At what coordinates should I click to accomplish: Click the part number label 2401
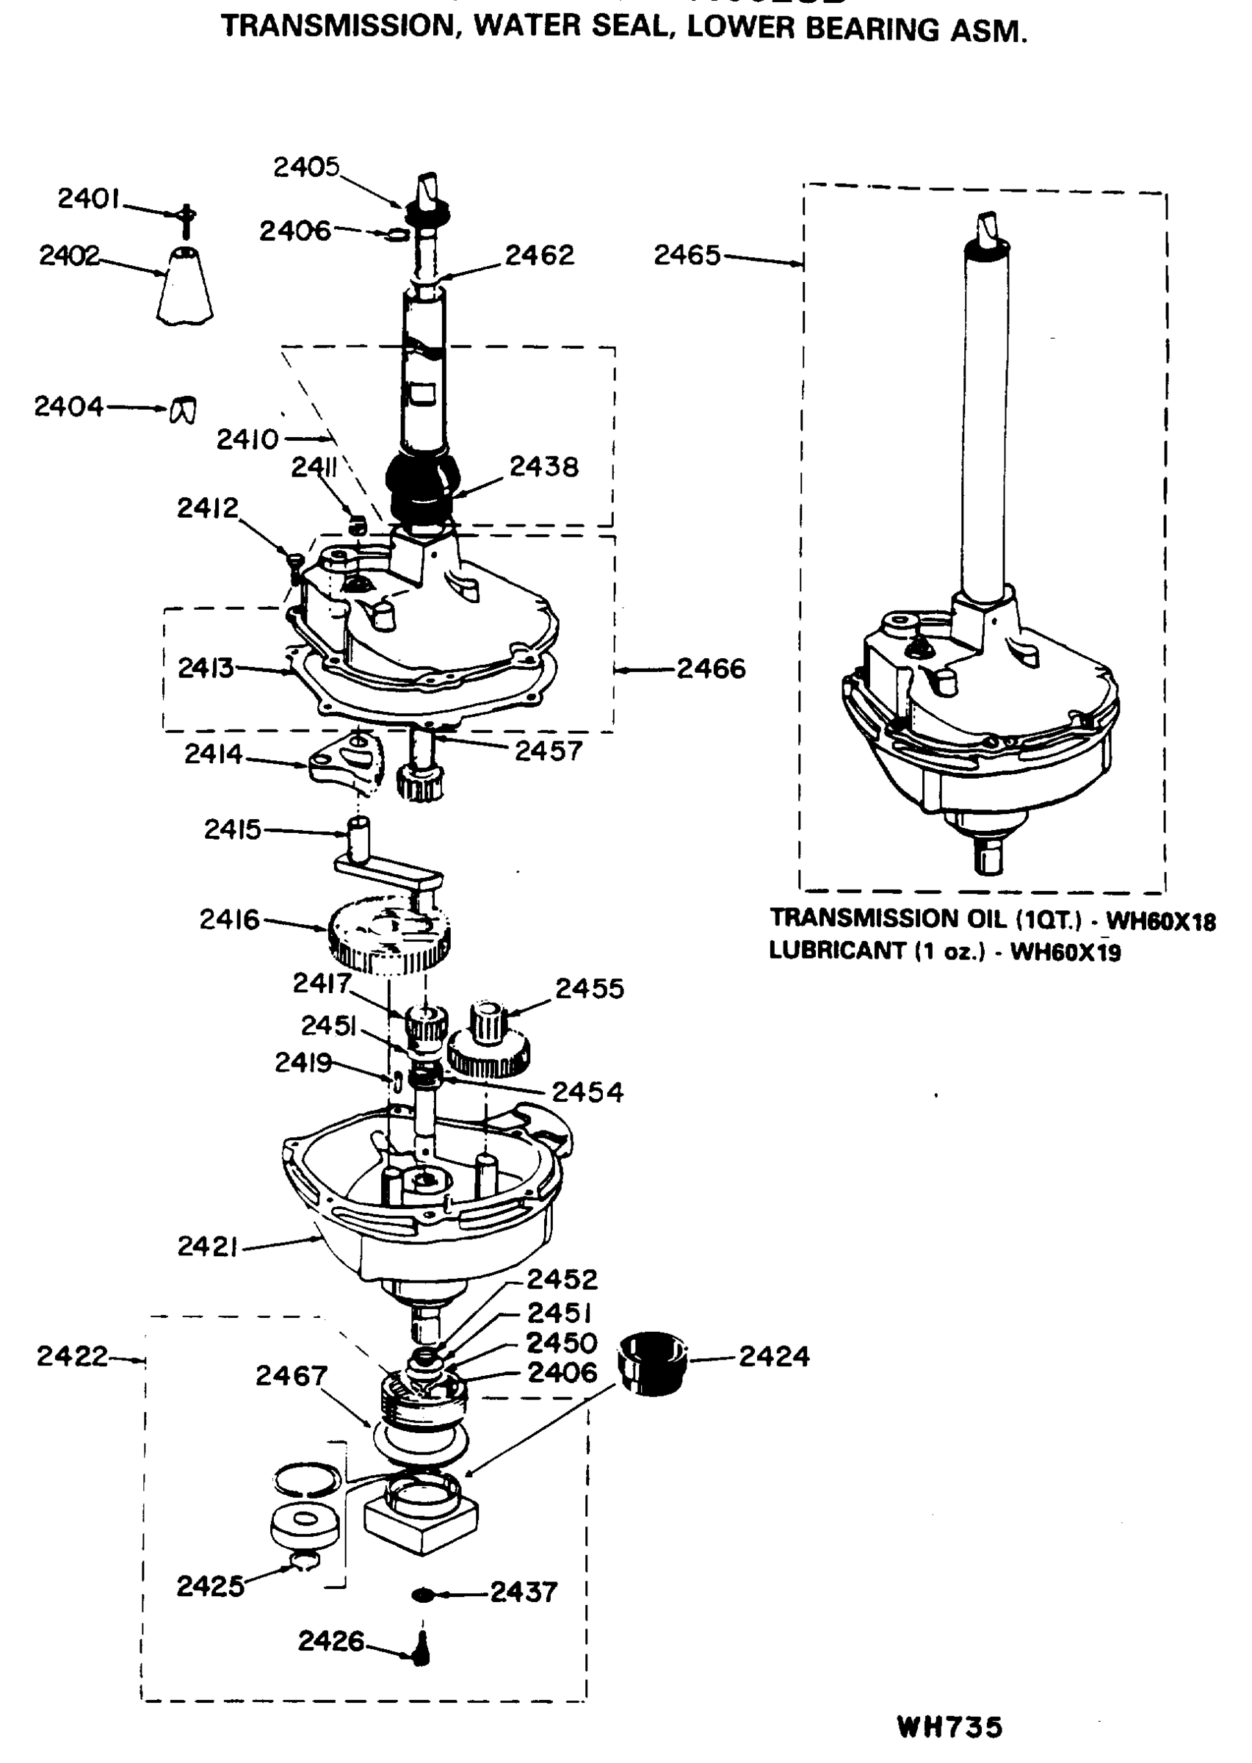pyautogui.click(x=88, y=199)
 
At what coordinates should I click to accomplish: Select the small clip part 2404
pyautogui.click(x=183, y=409)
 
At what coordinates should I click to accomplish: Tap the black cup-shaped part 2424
pyautogui.click(x=652, y=1363)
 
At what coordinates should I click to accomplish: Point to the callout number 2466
pyautogui.click(x=711, y=668)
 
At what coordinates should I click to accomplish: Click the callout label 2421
pyautogui.click(x=206, y=1246)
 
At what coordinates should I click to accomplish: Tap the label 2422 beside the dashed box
pyautogui.click(x=72, y=1356)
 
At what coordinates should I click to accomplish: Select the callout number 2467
pyautogui.click(x=292, y=1375)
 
